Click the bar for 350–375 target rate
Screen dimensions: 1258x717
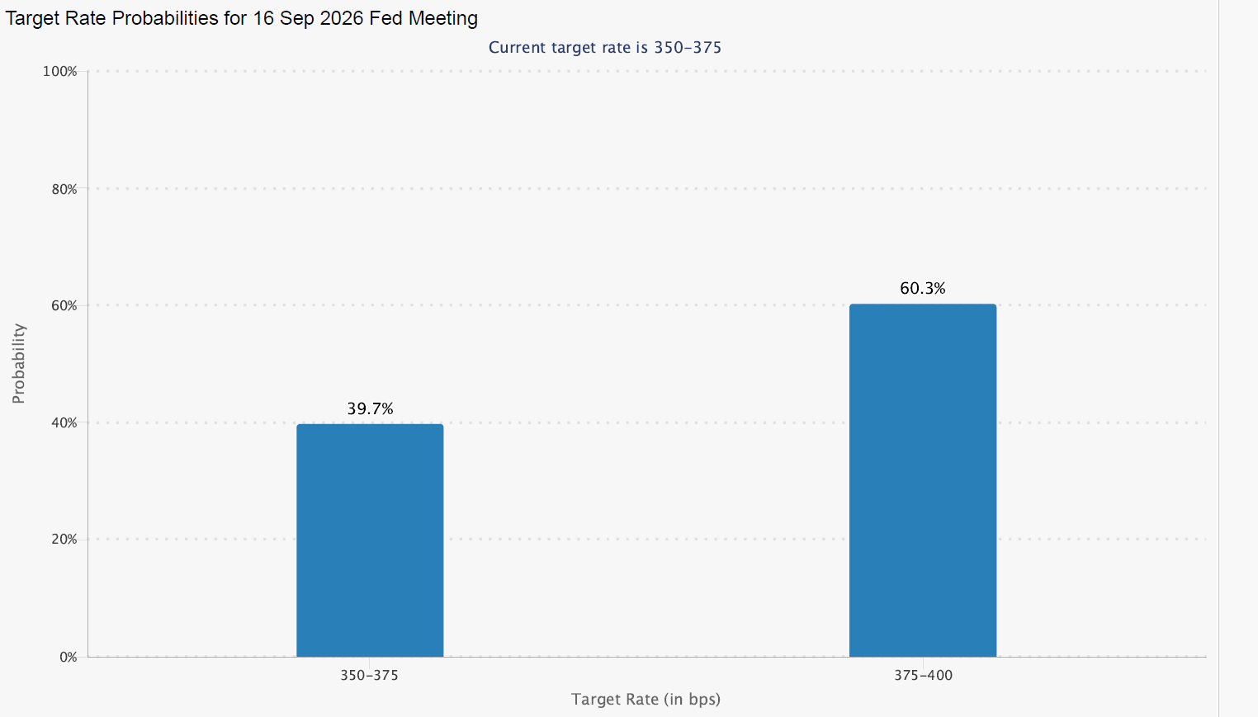pyautogui.click(x=370, y=540)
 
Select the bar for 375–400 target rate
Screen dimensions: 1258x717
pyautogui.click(x=923, y=481)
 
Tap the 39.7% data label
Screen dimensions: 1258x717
pyautogui.click(x=370, y=408)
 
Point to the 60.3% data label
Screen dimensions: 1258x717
pyautogui.click(x=923, y=289)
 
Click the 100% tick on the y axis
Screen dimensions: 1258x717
pyautogui.click(x=60, y=72)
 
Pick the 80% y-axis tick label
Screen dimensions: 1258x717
pyautogui.click(x=64, y=189)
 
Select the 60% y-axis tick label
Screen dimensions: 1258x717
pyautogui.click(x=64, y=306)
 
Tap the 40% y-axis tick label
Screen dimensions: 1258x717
pyautogui.click(x=64, y=422)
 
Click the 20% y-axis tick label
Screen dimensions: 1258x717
pyautogui.click(x=64, y=540)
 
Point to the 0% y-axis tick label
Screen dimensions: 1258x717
pyautogui.click(x=68, y=657)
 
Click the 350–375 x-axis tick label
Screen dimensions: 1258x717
pyautogui.click(x=369, y=676)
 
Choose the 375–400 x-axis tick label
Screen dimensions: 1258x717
pyautogui.click(x=924, y=676)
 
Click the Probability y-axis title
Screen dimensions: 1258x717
pyautogui.click(x=18, y=363)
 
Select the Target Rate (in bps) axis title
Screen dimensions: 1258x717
pyautogui.click(x=646, y=700)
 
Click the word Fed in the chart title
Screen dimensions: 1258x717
pyautogui.click(x=385, y=18)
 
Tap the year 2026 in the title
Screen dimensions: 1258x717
pyautogui.click(x=342, y=18)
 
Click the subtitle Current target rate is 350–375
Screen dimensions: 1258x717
pyautogui.click(x=605, y=48)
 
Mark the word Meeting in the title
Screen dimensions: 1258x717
pyautogui.click(x=443, y=18)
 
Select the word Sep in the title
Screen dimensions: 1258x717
pyautogui.click(x=297, y=18)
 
